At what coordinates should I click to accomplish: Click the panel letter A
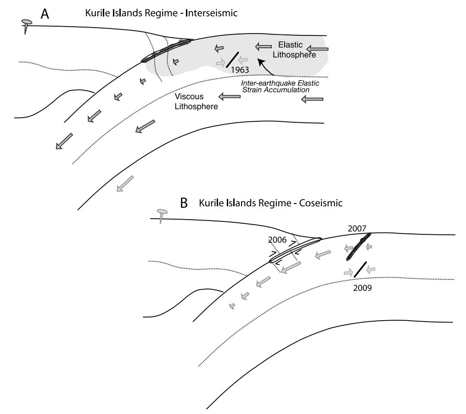pyautogui.click(x=45, y=14)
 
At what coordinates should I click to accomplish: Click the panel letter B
pyautogui.click(x=184, y=204)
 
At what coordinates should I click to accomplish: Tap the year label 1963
pyautogui.click(x=240, y=69)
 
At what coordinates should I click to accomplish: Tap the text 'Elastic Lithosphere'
pyautogui.click(x=290, y=50)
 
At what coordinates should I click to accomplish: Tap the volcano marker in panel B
pyautogui.click(x=162, y=214)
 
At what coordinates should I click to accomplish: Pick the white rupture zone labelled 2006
pyautogui.click(x=294, y=250)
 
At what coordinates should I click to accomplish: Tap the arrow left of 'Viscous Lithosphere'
pyautogui.click(x=227, y=96)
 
